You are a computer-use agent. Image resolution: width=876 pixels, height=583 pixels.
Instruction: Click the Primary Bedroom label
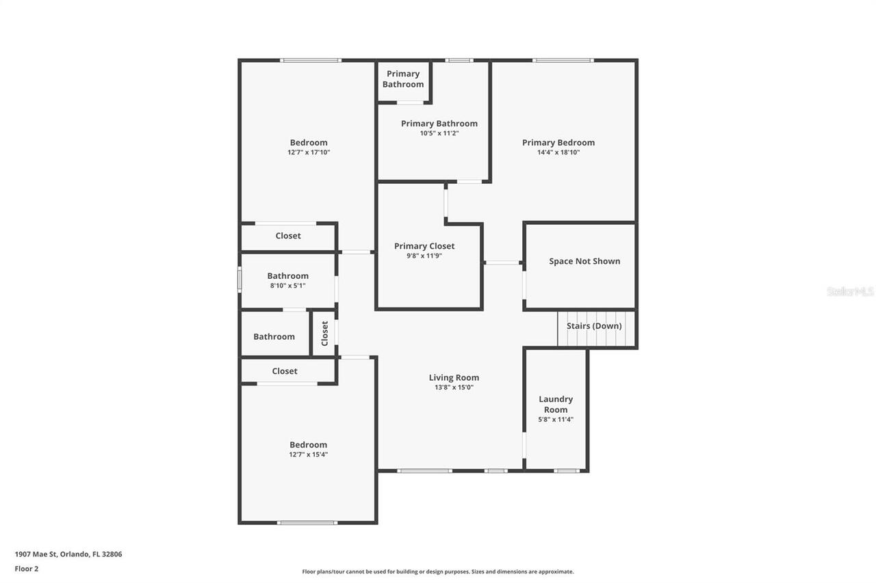558,143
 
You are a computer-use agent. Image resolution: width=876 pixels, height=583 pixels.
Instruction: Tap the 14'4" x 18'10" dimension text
558,152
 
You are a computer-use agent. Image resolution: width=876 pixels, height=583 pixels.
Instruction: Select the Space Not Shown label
584,261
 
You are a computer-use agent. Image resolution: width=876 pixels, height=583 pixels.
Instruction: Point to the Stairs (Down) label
594,326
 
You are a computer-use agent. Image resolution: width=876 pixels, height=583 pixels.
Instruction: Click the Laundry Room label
556,405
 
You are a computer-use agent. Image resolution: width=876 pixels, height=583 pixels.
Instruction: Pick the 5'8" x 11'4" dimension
556,420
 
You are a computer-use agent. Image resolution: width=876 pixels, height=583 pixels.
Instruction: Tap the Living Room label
454,377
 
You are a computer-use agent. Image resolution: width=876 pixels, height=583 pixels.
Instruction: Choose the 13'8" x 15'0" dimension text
454,388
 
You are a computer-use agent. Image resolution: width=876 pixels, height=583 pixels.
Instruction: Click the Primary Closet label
424,246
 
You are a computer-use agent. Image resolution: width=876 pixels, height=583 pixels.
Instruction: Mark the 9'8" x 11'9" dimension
424,256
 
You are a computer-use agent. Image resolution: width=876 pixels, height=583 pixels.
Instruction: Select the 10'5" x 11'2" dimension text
439,133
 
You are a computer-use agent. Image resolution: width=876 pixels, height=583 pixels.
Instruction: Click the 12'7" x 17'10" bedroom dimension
309,152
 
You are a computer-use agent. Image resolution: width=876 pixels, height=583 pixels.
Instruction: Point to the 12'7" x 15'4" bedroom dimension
309,455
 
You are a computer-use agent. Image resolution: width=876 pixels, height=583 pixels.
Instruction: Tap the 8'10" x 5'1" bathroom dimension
288,286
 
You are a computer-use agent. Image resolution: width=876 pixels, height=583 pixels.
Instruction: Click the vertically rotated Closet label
325,334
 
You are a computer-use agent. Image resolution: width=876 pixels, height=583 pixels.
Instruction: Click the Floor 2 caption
27,569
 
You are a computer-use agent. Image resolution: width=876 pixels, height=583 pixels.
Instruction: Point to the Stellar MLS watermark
850,291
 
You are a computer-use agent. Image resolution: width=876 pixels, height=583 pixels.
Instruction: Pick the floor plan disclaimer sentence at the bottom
438,571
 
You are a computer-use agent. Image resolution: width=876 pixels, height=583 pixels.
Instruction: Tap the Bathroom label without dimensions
274,336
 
